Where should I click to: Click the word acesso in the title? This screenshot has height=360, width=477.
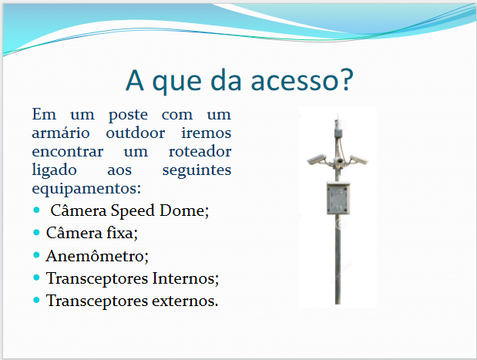click(294, 81)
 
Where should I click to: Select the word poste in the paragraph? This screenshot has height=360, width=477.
click(128, 116)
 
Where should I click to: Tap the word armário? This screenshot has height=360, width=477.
click(61, 133)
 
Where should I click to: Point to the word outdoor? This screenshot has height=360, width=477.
click(136, 133)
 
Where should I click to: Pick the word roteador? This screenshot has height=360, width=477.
click(200, 151)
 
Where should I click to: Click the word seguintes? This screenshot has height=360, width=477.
click(197, 170)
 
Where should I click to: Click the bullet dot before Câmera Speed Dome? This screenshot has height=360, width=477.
click(36, 210)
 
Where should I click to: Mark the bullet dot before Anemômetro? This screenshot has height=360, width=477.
click(36, 255)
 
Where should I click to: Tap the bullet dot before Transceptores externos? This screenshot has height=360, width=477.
click(36, 301)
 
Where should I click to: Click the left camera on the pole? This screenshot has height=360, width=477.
click(317, 160)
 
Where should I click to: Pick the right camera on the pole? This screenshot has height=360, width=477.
click(358, 159)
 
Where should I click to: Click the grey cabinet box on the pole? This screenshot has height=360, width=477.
click(338, 198)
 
